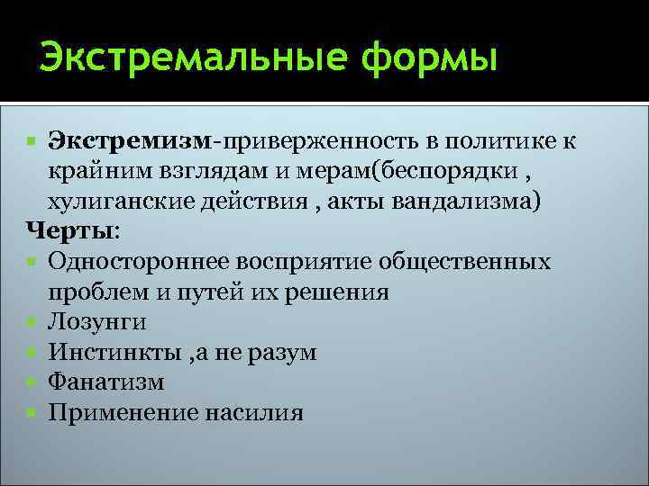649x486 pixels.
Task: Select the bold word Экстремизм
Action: pyautogui.click(x=129, y=142)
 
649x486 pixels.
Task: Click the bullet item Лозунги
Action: pyautogui.click(x=98, y=321)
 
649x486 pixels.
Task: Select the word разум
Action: pyautogui.click(x=286, y=352)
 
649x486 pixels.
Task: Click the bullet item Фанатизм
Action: pyautogui.click(x=106, y=382)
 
